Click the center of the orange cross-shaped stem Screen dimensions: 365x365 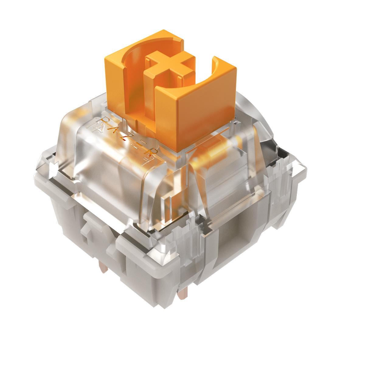(x=170, y=66)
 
